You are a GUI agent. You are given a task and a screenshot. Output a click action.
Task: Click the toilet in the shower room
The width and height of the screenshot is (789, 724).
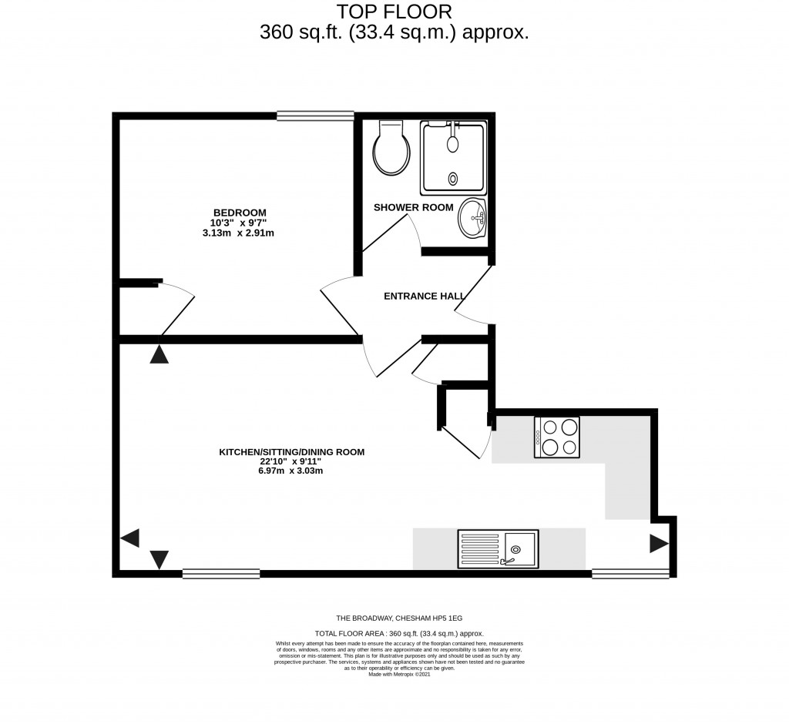(x=391, y=149)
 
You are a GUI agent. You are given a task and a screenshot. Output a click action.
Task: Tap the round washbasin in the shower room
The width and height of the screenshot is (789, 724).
(x=472, y=219)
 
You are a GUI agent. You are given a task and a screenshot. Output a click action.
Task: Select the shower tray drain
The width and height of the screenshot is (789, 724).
(x=453, y=179)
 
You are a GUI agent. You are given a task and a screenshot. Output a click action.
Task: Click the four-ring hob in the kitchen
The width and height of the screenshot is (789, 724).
(x=557, y=437)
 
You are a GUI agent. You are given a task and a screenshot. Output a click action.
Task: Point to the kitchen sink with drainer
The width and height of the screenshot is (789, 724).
(x=498, y=548)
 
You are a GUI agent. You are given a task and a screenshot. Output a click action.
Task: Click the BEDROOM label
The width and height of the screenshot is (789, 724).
(x=240, y=213)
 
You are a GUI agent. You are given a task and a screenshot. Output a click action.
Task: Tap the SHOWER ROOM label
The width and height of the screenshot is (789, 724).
(x=413, y=207)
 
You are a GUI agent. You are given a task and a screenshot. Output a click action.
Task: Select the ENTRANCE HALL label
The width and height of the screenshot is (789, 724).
(x=424, y=296)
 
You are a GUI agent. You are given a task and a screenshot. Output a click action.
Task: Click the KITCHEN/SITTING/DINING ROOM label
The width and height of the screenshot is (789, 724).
(x=291, y=452)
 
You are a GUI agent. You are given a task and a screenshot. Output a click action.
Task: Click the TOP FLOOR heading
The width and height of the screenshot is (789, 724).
(x=394, y=12)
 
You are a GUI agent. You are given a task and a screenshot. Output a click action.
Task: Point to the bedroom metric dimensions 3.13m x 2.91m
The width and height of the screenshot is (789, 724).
(x=239, y=233)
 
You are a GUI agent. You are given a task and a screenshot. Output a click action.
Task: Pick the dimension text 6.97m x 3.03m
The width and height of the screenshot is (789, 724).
(x=290, y=471)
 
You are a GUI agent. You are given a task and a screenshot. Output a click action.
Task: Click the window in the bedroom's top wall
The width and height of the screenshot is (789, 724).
(x=315, y=116)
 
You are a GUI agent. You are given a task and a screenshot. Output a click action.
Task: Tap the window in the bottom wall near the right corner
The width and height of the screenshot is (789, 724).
(x=630, y=573)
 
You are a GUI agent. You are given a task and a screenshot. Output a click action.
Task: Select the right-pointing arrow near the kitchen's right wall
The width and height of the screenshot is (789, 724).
(x=658, y=544)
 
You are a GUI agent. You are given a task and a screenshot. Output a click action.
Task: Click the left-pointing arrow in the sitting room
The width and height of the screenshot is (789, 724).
(x=129, y=538)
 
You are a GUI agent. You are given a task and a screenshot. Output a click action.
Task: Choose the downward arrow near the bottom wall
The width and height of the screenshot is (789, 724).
(x=159, y=559)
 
